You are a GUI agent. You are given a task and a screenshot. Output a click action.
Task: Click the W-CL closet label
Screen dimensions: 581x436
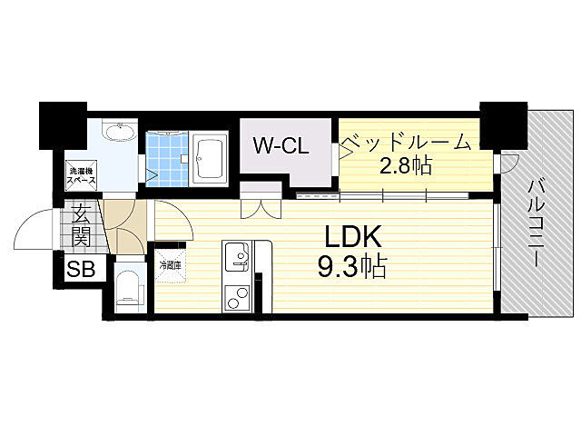tap(281, 145)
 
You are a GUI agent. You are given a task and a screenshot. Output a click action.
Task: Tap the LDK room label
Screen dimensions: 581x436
tap(353, 236)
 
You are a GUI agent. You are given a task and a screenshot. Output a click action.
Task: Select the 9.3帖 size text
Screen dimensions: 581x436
tap(352, 266)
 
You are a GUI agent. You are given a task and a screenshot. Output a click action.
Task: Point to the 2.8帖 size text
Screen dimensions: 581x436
tap(406, 165)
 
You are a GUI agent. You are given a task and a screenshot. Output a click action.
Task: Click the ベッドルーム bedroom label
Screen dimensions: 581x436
tap(406, 143)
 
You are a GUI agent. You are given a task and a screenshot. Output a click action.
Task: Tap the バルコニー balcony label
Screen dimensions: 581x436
tap(535, 223)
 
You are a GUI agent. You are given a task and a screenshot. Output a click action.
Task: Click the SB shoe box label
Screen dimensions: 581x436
tap(81, 269)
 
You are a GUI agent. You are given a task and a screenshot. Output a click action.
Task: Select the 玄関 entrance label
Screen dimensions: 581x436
tap(81, 226)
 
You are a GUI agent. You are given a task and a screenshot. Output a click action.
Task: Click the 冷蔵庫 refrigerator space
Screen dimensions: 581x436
tap(171, 265)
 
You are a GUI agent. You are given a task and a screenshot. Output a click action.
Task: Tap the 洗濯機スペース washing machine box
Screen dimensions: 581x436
tap(82, 175)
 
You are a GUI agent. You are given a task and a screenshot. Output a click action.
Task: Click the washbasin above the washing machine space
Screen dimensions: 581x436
tap(118, 132)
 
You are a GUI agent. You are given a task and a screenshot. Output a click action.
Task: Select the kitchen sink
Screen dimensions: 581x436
tap(238, 257)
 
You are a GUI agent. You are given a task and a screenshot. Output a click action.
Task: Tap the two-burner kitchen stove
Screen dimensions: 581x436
tap(237, 298)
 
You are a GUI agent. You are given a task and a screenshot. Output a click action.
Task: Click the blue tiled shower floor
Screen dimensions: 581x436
tap(167, 159)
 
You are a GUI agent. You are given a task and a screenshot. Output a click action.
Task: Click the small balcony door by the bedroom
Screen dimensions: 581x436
tap(509, 163)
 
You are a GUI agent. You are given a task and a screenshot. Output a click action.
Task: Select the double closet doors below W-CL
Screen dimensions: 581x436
tap(261, 209)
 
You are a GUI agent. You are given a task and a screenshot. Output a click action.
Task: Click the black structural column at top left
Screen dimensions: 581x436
tap(63, 125)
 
